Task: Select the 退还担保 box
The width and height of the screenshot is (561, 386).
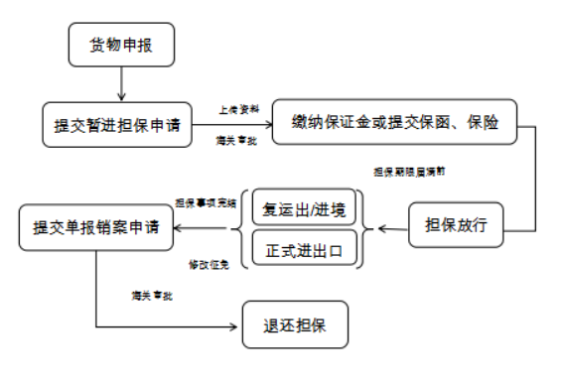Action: click(296, 325)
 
